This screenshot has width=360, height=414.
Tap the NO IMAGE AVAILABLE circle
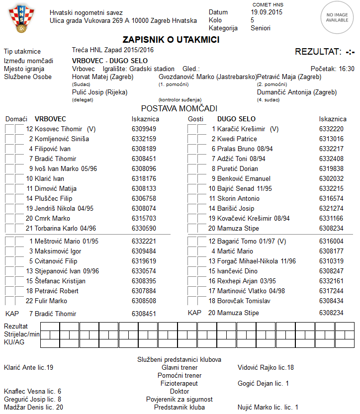(x=337, y=18)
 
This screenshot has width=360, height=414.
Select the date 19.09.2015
(x=266, y=12)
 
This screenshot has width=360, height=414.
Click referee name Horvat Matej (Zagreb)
(x=102, y=77)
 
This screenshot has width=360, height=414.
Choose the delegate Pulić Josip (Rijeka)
(x=99, y=92)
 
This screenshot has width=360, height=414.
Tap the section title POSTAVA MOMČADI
(x=179, y=108)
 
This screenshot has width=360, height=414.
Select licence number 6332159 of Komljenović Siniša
(x=144, y=139)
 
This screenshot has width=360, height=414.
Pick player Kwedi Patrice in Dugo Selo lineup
(x=237, y=139)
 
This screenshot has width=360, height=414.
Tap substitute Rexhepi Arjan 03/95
(x=246, y=281)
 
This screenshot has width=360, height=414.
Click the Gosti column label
(x=196, y=119)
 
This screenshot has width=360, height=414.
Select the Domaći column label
(x=16, y=119)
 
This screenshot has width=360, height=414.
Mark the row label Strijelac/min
(x=21, y=334)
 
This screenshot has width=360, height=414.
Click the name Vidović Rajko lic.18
(x=266, y=368)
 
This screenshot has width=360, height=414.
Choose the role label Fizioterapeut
(x=179, y=384)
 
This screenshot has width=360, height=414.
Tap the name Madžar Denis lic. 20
(x=33, y=408)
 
